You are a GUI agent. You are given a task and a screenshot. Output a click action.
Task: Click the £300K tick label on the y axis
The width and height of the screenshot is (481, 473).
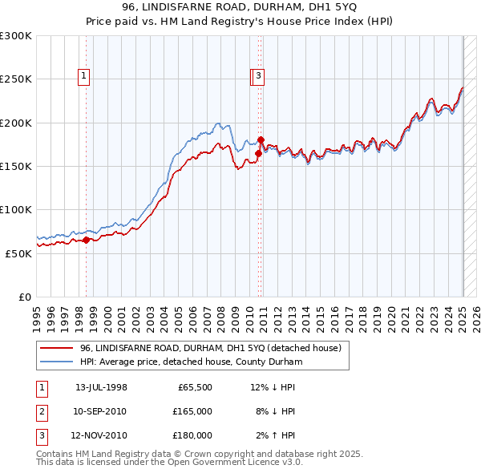point(16,36)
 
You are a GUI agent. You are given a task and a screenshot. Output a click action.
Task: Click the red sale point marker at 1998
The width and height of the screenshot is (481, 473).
point(87,240)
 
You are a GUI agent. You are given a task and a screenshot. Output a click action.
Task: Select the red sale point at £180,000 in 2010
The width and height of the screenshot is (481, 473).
point(261,140)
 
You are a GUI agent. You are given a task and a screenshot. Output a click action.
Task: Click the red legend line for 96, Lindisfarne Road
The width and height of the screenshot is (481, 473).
point(56,348)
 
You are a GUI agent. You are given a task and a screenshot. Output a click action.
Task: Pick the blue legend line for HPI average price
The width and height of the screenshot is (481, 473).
point(56,362)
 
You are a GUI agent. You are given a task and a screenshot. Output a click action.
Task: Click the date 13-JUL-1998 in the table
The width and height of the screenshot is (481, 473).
point(101,387)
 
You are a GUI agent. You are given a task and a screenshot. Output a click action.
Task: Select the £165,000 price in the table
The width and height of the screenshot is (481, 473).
point(192,411)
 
